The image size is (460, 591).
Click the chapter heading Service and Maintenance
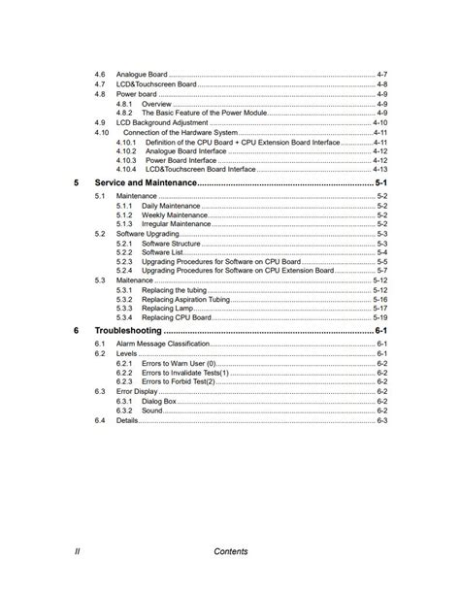(145, 182)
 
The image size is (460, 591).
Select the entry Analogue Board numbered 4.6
(142, 75)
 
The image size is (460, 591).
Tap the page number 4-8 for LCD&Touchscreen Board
(382, 84)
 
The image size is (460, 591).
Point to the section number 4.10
(101, 132)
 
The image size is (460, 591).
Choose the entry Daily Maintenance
(171, 206)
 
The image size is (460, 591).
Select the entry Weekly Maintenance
(175, 214)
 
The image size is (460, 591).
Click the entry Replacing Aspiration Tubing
(185, 299)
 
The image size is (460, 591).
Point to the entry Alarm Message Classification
(164, 345)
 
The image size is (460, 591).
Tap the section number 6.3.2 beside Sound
(124, 410)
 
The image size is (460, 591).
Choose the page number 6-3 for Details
(382, 420)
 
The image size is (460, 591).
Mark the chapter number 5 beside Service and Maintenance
(77, 182)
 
